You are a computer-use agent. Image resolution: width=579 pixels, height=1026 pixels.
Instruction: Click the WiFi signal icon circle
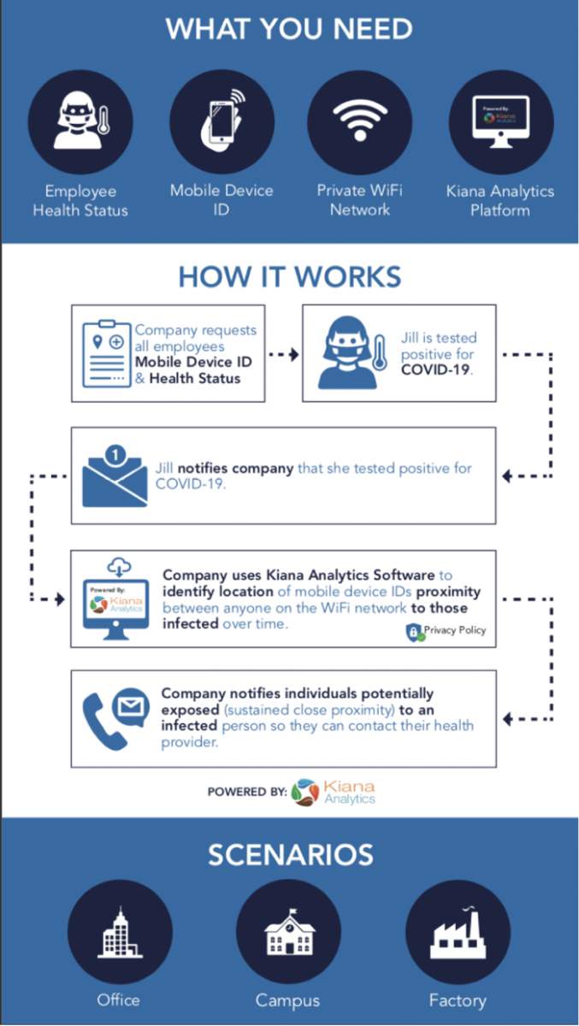click(359, 121)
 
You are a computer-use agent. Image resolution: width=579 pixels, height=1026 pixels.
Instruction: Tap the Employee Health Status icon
click(80, 121)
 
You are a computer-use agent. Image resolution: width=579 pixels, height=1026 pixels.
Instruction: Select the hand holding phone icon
click(222, 121)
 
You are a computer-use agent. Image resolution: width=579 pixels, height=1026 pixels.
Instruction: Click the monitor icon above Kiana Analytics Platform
click(500, 121)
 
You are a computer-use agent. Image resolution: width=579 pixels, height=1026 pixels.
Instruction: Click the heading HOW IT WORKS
click(289, 277)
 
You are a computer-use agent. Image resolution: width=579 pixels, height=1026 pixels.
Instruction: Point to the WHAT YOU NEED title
click(289, 29)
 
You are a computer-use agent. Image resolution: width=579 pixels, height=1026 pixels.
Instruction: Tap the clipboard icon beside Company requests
click(107, 352)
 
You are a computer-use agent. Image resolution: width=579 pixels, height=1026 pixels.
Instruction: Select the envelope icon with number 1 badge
click(115, 475)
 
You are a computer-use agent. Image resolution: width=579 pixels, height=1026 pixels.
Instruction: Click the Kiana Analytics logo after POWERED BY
click(334, 792)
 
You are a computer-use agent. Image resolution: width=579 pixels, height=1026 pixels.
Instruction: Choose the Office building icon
click(120, 933)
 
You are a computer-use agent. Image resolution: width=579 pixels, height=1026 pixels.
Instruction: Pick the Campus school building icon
click(288, 933)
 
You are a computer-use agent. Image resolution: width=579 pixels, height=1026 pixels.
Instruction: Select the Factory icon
click(458, 933)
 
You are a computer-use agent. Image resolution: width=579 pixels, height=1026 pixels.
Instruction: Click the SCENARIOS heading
click(289, 854)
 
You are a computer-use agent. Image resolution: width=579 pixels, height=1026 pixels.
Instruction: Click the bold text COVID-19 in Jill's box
click(435, 369)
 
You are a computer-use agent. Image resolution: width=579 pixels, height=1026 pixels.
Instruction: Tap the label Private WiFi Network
click(359, 200)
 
